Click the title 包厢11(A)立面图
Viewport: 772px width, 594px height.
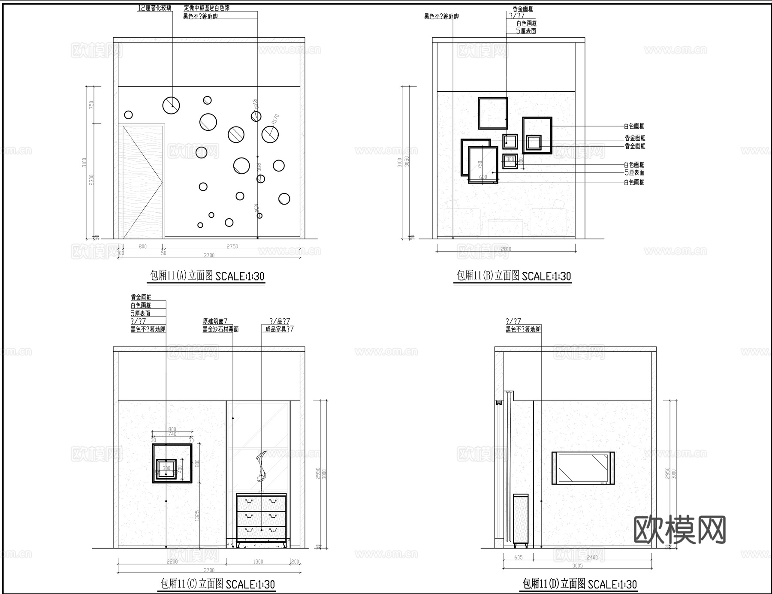[x=181, y=275]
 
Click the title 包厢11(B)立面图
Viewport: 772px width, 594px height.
[x=488, y=275]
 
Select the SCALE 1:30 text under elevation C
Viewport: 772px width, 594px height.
[x=250, y=585]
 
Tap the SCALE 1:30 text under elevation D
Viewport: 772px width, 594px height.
[x=612, y=585]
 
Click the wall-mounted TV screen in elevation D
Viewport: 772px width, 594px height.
[x=583, y=468]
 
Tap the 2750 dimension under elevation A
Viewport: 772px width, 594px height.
[x=232, y=247]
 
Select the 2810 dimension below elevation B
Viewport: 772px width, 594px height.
[x=506, y=249]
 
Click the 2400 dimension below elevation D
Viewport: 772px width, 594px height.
[x=592, y=558]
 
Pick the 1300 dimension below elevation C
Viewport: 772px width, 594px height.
[x=258, y=561]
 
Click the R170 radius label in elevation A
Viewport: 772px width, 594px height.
[x=275, y=119]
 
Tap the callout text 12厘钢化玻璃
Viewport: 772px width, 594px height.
[x=154, y=8]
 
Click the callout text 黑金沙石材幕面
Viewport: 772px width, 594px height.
[x=220, y=329]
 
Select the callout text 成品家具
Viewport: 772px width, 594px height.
[x=279, y=329]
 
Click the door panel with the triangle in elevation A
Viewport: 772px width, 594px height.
[x=142, y=181]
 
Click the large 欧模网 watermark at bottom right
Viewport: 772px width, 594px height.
[x=679, y=530]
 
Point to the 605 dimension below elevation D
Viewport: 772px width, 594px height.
[x=518, y=558]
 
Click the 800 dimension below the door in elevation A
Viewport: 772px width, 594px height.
[x=142, y=247]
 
